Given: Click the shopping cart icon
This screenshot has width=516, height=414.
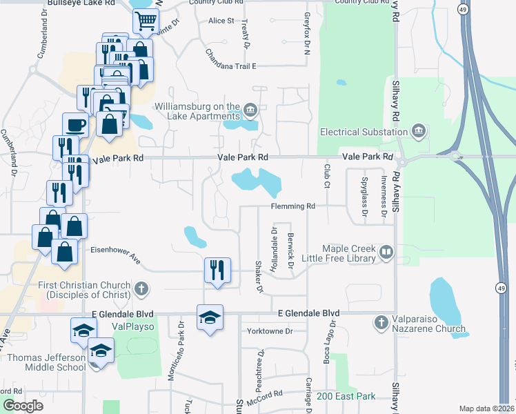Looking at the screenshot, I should coord(146,23).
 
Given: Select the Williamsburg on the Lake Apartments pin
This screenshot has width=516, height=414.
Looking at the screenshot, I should coord(250,108).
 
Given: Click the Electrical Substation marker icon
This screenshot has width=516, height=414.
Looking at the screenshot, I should coord(418,131).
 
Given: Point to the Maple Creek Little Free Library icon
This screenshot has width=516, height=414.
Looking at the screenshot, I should coord(386,253).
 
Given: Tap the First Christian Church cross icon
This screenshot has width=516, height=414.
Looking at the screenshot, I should coord(141,290).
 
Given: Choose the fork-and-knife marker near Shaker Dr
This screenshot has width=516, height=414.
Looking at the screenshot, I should coord(217,270).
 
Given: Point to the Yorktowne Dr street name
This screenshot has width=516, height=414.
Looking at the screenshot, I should coord(270,331).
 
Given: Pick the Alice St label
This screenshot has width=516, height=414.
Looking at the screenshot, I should coord(221,21).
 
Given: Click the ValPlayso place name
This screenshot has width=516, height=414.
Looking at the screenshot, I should coord(132,326).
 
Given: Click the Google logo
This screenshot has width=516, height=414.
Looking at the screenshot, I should coord(23,406).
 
